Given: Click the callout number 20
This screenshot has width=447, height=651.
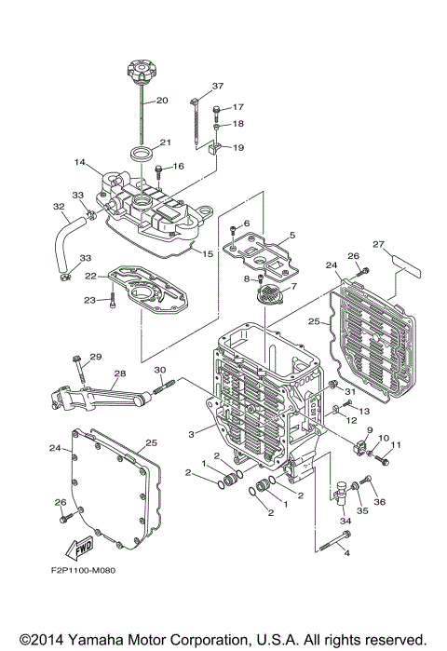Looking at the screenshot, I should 161,100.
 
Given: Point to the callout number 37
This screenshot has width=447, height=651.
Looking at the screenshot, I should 218,86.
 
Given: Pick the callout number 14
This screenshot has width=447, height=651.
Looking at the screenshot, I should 81,162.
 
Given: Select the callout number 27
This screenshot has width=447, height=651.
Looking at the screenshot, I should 378,245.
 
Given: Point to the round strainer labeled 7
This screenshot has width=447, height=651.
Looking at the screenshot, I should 266,296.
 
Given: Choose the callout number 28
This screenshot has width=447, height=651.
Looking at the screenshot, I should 118,374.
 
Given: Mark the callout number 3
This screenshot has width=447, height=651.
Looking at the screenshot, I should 192,434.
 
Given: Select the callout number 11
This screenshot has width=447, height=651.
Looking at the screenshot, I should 396,446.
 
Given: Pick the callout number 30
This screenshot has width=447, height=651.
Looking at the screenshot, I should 157,369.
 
